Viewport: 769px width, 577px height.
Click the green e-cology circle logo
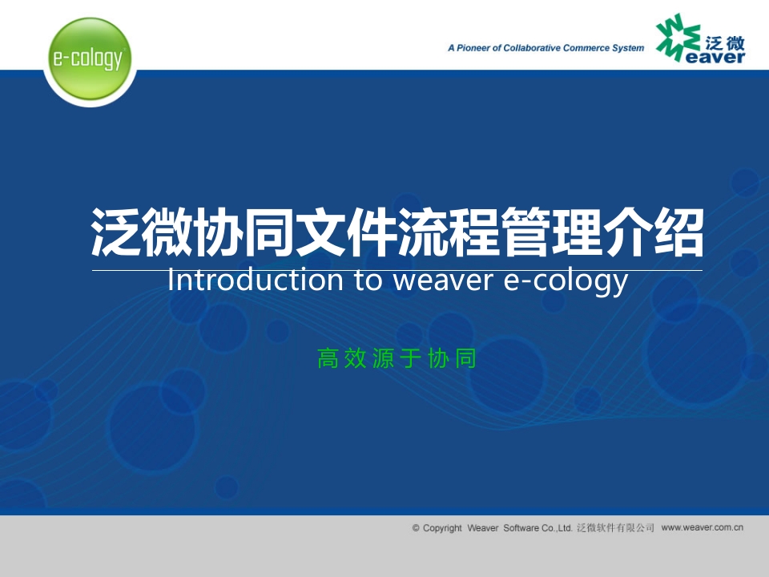pyautogui.click(x=90, y=59)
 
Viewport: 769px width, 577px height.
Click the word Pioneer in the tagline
pyautogui.click(x=473, y=48)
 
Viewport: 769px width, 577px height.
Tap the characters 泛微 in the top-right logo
pyautogui.click(x=725, y=43)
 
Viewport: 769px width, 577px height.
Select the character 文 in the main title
pyautogui.click(x=321, y=232)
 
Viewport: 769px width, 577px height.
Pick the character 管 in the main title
pyautogui.click(x=525, y=232)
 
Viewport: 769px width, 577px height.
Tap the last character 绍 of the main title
pyautogui.click(x=678, y=232)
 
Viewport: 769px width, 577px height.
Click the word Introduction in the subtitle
pyautogui.click(x=255, y=280)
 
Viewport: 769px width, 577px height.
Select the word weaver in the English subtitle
pyautogui.click(x=443, y=281)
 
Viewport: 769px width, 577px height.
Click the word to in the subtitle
pyautogui.click(x=368, y=281)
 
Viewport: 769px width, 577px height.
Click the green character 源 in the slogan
pyautogui.click(x=383, y=358)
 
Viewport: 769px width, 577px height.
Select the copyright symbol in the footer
pyautogui.click(x=416, y=528)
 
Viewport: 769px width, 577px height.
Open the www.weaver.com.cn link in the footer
pyautogui.click(x=702, y=527)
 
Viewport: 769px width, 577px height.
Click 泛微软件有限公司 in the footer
pyautogui.click(x=615, y=528)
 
